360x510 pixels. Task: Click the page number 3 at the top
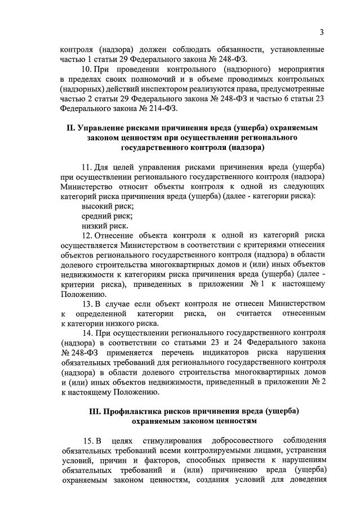pos(321,32)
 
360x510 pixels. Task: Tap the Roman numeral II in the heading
pos(70,128)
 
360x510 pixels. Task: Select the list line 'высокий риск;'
pos(104,206)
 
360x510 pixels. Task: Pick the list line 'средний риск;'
pos(104,216)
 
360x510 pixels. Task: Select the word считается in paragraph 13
pos(257,313)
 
